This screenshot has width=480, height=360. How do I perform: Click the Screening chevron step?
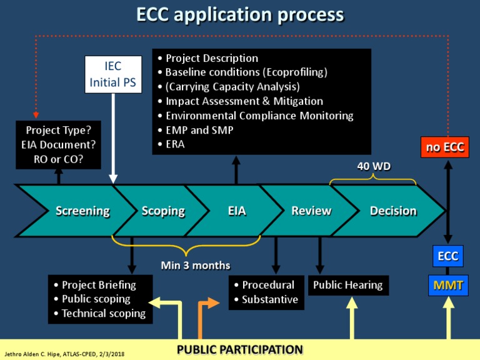[82, 211]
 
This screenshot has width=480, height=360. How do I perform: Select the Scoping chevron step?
[163, 211]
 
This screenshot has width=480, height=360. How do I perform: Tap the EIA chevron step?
[237, 211]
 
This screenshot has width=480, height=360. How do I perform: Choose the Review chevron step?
[311, 211]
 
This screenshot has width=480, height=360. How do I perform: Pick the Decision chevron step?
[393, 211]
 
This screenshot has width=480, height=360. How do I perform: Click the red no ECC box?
[445, 147]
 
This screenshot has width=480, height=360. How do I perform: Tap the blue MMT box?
[448, 286]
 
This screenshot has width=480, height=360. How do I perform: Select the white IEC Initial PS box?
[113, 74]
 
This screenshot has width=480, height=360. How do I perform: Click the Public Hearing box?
[347, 285]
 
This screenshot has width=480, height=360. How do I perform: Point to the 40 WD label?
[373, 166]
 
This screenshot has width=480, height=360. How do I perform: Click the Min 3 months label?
[196, 265]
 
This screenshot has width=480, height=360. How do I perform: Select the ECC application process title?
[240, 14]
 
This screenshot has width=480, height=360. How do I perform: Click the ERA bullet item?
[176, 144]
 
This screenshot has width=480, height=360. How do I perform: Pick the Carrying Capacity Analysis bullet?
[232, 87]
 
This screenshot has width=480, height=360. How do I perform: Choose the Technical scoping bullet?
[103, 314]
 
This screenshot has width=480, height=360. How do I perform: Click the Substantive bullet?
[269, 300]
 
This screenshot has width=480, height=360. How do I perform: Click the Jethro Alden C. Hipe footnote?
[65, 354]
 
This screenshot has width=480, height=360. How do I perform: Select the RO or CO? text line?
[59, 159]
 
